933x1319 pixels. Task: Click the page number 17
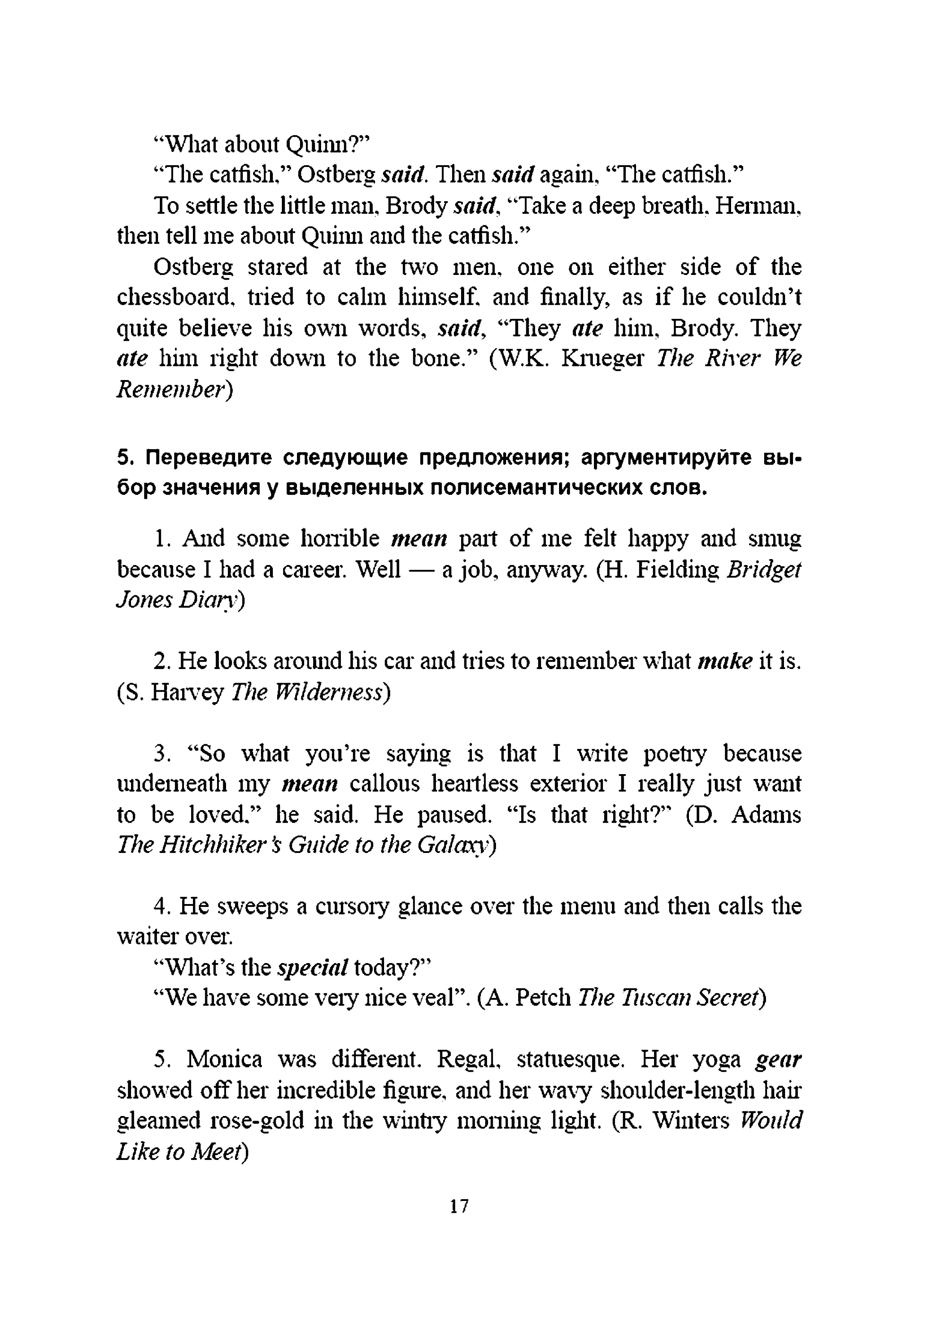460,1206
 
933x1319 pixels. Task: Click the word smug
775,538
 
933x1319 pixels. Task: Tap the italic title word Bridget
764,569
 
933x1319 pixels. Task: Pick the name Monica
224,1059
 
